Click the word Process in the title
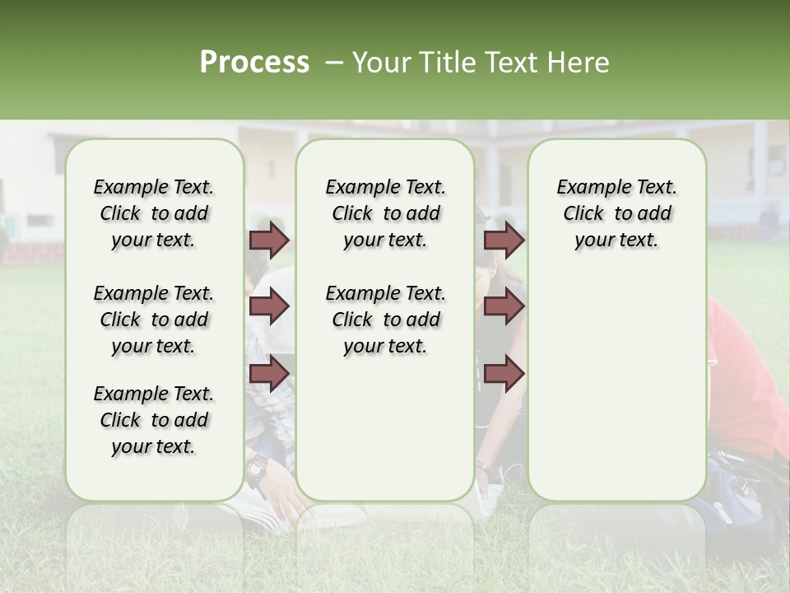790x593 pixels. [254, 63]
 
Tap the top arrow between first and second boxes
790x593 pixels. [269, 240]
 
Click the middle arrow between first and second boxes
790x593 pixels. [269, 306]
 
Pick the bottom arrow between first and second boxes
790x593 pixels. [269, 373]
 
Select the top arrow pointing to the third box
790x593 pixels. [504, 240]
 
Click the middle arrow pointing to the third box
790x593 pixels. [504, 306]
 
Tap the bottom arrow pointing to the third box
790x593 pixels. [504, 373]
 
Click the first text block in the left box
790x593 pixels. [154, 213]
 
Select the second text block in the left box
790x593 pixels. [154, 320]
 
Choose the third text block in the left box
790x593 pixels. [154, 420]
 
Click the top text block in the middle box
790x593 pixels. [385, 213]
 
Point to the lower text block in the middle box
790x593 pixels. [385, 320]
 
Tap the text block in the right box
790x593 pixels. [616, 213]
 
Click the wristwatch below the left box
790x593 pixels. [256, 471]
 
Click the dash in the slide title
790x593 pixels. [333, 63]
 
